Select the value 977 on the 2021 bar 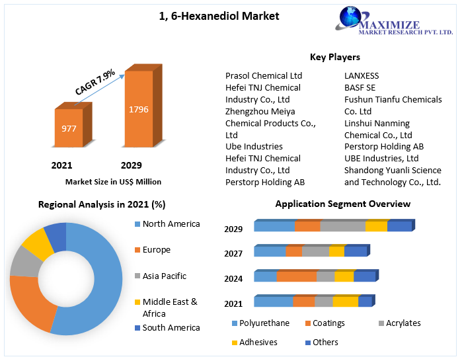coord(69,128)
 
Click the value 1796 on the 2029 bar coord(138,109)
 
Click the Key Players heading coord(334,57)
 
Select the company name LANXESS coord(362,76)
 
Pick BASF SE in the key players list coord(360,88)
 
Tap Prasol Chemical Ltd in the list coord(263,76)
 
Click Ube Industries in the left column coord(254,147)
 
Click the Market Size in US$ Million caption coord(113,181)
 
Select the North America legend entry coord(171,224)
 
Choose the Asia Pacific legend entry coord(164,276)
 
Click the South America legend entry coord(171,328)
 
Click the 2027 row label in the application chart coord(233,253)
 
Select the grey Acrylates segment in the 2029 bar coord(342,227)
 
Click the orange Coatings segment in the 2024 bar coord(296,277)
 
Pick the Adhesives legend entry coord(258,343)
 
